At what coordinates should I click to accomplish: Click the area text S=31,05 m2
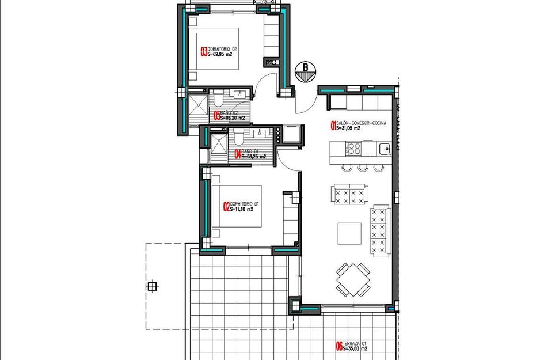pos(348,128)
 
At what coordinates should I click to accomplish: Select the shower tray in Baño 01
pos(217,145)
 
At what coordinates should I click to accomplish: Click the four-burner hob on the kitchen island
pos(353,149)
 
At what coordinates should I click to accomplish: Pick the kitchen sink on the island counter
pos(385,149)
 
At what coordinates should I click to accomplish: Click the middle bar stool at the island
pos(362,168)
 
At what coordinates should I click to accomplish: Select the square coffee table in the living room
pos(349,233)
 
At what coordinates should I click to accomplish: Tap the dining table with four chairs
pos(352,279)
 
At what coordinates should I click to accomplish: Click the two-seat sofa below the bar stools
pos(349,194)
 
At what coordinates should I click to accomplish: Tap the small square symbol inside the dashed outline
pos(152,286)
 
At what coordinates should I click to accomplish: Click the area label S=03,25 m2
pos(253,156)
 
